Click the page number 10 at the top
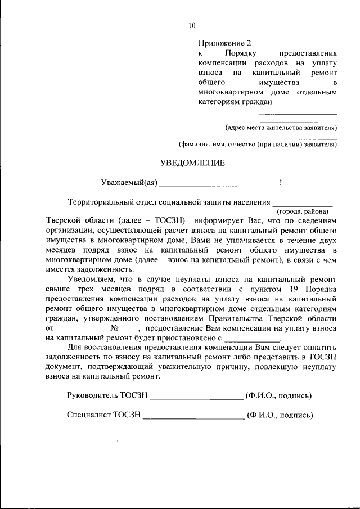(192, 25)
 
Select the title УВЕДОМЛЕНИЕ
(192, 163)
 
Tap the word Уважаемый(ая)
(129, 182)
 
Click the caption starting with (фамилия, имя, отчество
(258, 144)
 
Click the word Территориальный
(103, 202)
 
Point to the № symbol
(114, 328)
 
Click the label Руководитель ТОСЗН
(107, 395)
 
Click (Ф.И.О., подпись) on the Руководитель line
(278, 395)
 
